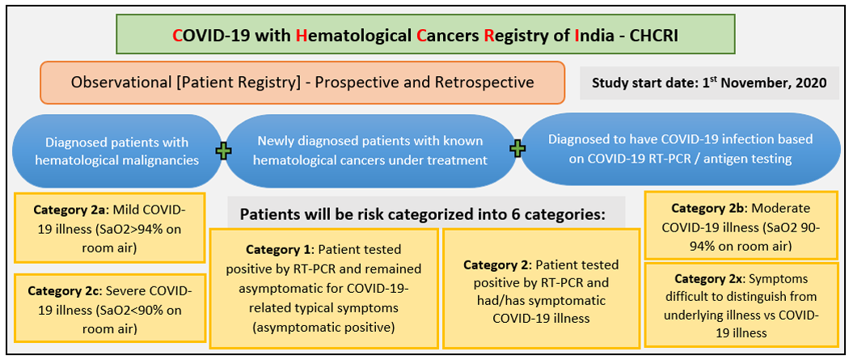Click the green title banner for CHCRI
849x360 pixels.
pos(425,34)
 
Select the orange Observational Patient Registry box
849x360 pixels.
pos(302,83)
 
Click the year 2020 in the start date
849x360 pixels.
pos(813,83)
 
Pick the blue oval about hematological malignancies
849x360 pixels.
pos(117,150)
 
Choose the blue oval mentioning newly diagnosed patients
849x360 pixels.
pos(370,150)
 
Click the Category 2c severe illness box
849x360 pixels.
pos(109,308)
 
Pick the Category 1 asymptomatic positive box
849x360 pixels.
pos(323,289)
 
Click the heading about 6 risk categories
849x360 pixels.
pos(422,214)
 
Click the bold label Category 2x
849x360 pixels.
pos(707,279)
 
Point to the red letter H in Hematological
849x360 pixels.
pos(302,35)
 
